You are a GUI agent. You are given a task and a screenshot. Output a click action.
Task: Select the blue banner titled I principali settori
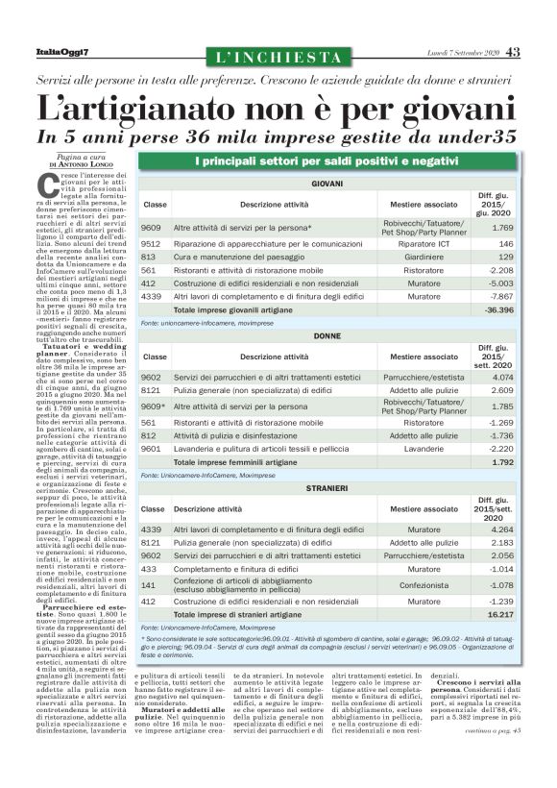coord(327,160)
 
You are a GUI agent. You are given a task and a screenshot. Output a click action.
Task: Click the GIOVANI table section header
coord(327,183)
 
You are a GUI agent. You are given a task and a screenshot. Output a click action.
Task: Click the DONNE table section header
coord(327,336)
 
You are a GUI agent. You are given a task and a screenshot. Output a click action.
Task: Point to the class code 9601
coord(151,448)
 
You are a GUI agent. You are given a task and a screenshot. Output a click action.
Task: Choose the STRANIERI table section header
coord(327,489)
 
